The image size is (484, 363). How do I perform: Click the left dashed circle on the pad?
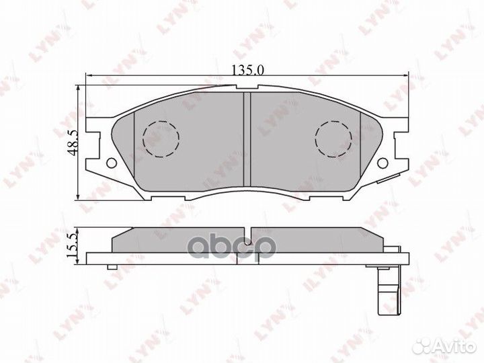tap(161, 138)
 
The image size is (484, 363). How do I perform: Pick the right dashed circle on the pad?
tap(333, 138)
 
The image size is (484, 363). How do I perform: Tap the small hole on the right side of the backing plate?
tap(383, 163)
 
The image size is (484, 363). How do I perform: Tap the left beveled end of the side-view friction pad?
tap(118, 239)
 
